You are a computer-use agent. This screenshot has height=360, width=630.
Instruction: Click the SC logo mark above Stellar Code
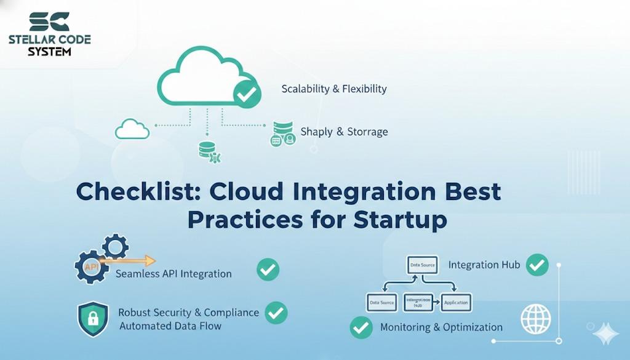click(49, 21)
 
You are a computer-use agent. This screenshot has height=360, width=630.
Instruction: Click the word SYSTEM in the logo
click(49, 52)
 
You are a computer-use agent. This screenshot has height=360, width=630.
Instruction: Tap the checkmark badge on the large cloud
click(247, 95)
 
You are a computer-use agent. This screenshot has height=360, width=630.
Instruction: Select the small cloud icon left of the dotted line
click(132, 129)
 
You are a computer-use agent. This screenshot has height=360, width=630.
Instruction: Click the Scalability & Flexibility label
click(334, 89)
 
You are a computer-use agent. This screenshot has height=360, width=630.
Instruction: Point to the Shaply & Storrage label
click(344, 132)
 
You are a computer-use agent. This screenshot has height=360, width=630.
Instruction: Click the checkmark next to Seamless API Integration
click(268, 270)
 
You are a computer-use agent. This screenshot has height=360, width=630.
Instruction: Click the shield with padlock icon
click(93, 319)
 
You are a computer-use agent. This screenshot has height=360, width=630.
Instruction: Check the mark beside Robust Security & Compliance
click(276, 313)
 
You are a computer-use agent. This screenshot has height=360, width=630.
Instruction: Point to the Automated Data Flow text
click(170, 326)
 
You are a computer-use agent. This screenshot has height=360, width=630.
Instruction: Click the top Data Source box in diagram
click(421, 265)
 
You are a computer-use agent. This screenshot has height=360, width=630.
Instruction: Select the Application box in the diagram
click(456, 302)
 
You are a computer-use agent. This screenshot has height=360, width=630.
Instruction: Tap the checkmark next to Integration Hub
click(537, 265)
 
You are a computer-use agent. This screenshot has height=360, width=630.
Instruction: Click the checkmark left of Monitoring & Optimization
click(361, 327)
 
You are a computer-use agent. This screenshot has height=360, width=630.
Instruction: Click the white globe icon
click(536, 319)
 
